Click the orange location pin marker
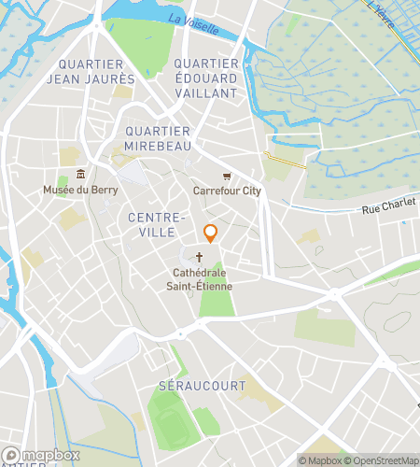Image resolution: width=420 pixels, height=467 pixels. click(211, 233)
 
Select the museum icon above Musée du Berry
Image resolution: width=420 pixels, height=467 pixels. click(80, 175)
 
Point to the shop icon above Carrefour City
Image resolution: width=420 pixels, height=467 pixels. click(226, 177)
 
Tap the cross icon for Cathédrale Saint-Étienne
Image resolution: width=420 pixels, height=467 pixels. click(200, 258)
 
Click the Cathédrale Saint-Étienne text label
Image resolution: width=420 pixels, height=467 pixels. click(201, 279)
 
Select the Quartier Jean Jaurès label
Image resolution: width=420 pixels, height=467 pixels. click(96, 71)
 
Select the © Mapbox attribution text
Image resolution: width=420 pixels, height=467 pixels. click(320, 460)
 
